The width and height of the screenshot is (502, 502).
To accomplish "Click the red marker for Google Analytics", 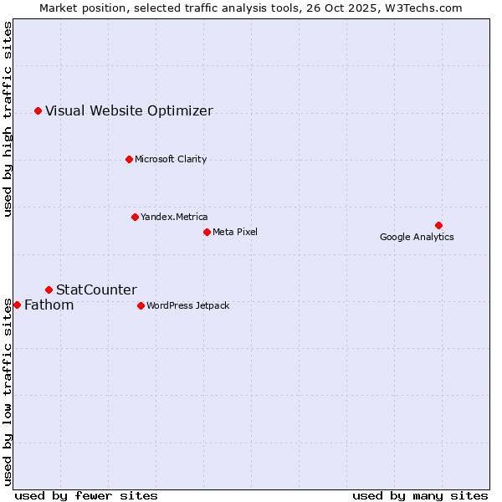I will coord(438,225).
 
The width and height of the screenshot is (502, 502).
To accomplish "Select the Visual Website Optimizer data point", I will coord(38,110).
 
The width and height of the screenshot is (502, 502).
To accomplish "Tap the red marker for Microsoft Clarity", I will coord(129,159).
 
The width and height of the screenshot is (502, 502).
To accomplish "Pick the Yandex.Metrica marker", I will coord(135,217).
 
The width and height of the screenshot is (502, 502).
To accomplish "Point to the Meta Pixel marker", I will coord(207,232).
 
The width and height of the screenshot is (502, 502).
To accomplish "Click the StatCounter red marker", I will coord(49,289).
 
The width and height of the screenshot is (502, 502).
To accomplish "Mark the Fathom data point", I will coord(17,305).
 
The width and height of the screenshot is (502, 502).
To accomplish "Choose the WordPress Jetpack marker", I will coord(141,305).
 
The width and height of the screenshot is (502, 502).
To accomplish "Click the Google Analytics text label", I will coord(417,237).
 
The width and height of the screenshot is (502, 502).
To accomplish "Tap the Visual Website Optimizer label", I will coord(129,110).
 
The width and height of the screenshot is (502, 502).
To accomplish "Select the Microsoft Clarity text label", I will coord(171,159).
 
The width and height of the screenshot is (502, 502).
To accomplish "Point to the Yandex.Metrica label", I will coord(174,217).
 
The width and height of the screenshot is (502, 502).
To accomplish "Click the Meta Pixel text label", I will coord(235,232).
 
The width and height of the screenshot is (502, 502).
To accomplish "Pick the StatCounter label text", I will coord(96,289).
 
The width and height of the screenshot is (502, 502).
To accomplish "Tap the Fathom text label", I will coord(49,305).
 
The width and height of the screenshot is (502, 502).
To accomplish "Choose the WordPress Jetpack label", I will coord(187,305).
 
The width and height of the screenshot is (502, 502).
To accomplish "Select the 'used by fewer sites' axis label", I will coord(86,495).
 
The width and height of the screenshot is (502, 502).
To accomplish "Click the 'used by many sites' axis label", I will coord(420,495).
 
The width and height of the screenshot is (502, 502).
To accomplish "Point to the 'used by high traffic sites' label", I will coord(8,119).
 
